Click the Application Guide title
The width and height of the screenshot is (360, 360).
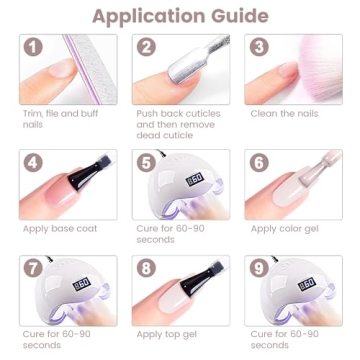(180, 17)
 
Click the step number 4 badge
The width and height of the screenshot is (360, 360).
(33, 162)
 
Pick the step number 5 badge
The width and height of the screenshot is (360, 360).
(146, 162)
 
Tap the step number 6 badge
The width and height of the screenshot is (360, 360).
(259, 162)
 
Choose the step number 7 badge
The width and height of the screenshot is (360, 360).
(33, 269)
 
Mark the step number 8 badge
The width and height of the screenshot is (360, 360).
(146, 269)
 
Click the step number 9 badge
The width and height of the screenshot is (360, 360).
(259, 269)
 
